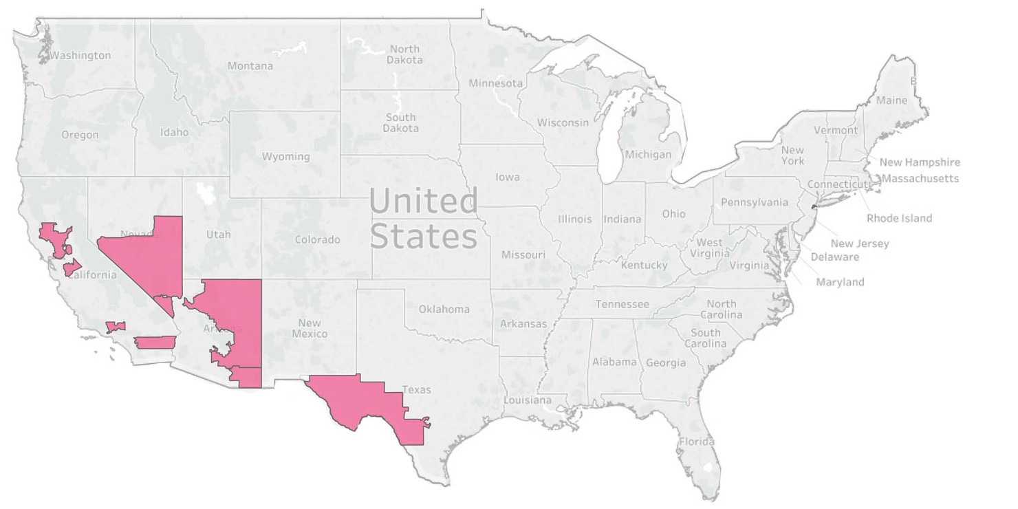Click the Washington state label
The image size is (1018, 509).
[x=80, y=55]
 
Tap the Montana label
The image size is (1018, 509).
[x=250, y=66]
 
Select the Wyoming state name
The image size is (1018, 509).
[x=285, y=157]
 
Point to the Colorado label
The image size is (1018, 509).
[x=317, y=240]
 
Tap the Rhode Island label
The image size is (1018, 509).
[x=899, y=218]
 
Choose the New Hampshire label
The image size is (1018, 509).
[x=920, y=162]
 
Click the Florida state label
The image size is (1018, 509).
[x=697, y=442]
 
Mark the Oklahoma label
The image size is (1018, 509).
[x=444, y=309]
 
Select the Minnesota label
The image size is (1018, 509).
[x=495, y=83]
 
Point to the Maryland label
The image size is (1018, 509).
[x=840, y=282]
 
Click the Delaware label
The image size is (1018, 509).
[x=834, y=257]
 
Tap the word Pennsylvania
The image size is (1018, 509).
[x=755, y=202]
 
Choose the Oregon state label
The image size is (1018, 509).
[x=80, y=135]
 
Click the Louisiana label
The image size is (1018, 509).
[x=528, y=400]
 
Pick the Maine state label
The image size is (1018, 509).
[x=891, y=100]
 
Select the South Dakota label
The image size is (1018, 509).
[x=400, y=122]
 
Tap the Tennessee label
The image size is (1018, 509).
[x=622, y=304]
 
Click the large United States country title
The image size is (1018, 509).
[x=423, y=219]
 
